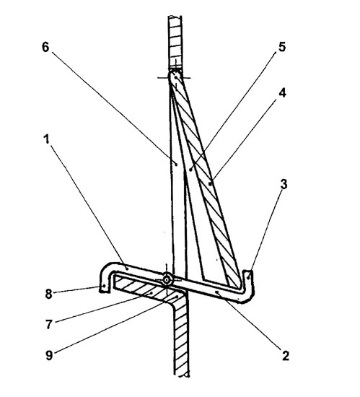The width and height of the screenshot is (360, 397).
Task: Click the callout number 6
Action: click(x=45, y=47)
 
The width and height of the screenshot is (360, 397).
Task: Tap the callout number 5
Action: click(x=282, y=47)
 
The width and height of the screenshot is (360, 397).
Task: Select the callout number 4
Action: click(x=282, y=93)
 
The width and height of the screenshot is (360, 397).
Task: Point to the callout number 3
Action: click(x=284, y=184)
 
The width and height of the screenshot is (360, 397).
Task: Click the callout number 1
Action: click(x=46, y=139)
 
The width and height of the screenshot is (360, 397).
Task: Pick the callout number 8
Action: click(x=48, y=295)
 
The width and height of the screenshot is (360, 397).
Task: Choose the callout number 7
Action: click(x=48, y=324)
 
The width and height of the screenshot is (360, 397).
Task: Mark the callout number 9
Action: click(x=49, y=355)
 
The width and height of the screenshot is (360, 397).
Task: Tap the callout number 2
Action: click(x=285, y=356)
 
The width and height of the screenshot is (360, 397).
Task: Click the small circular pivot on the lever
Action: click(x=167, y=280)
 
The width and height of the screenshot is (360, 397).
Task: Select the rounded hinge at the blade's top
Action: click(x=175, y=75)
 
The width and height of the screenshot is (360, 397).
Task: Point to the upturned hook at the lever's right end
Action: click(x=248, y=286)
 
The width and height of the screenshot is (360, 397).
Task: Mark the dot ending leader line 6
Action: click(x=176, y=164)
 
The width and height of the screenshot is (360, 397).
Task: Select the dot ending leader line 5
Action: click(x=190, y=169)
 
